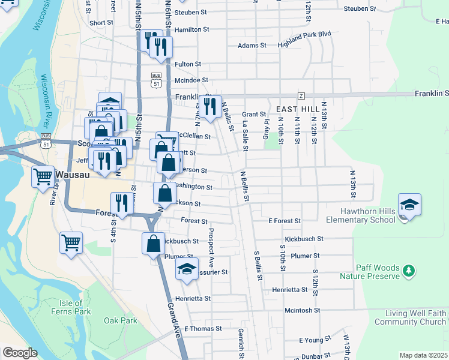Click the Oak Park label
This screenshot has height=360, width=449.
tap(120, 321)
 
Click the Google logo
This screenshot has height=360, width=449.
tap(20, 353)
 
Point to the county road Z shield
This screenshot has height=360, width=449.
tap(301, 96)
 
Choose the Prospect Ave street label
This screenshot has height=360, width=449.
tap(211, 247)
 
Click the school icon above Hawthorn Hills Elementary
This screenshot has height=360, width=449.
tap(409, 205)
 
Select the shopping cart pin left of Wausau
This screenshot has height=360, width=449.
tap(43, 177)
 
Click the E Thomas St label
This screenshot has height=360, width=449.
tap(203, 329)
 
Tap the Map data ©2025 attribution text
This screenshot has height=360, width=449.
tap(423, 355)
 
